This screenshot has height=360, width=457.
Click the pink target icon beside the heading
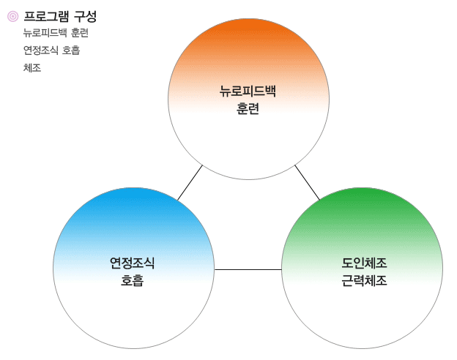[13, 16]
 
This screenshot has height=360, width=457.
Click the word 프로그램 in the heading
[46, 16]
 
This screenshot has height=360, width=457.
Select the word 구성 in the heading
[85, 16]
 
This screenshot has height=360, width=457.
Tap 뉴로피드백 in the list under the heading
[45, 33]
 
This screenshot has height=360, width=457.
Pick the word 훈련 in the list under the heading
[80, 33]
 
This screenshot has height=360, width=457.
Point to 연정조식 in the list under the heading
[41, 50]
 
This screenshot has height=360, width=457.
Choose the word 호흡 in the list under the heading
[71, 50]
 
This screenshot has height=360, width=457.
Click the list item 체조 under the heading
[32, 68]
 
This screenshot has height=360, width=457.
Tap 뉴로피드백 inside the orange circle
[248, 91]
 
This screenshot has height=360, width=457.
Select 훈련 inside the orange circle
[248, 108]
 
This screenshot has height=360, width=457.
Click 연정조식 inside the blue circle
[132, 263]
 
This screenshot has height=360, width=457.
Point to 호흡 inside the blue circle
[132, 280]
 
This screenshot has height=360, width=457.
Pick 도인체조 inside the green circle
[364, 263]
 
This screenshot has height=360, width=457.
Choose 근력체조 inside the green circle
[364, 280]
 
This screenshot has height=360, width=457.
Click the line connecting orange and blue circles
[190, 183]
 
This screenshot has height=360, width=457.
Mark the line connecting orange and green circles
[307, 183]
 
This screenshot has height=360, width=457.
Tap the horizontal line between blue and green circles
[248, 270]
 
